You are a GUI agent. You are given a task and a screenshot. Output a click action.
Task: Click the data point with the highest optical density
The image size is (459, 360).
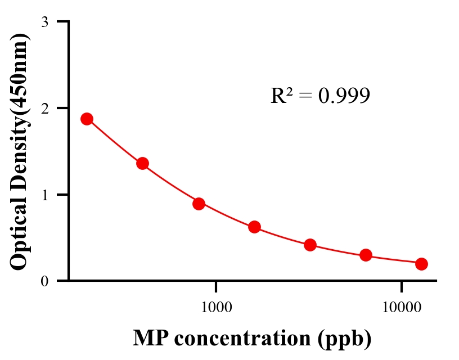click(x=87, y=119)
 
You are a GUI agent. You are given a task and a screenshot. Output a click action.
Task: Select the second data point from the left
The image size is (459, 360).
click(x=142, y=164)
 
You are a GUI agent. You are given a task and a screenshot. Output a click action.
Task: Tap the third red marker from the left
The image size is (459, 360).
click(x=199, y=204)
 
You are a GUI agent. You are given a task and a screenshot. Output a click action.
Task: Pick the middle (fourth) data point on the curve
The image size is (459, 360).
click(x=254, y=227)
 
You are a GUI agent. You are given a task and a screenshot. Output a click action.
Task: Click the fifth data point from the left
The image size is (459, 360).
click(x=310, y=245)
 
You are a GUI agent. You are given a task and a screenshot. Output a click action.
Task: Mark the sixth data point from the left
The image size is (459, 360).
click(x=366, y=255)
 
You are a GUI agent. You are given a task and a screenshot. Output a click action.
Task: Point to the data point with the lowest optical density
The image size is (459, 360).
click(x=421, y=264)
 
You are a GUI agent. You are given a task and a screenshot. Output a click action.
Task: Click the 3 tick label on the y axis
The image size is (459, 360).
click(x=44, y=22)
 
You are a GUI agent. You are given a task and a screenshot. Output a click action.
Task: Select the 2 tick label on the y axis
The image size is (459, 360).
click(x=44, y=108)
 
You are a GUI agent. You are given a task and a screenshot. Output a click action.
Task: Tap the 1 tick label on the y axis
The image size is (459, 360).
click(x=44, y=195)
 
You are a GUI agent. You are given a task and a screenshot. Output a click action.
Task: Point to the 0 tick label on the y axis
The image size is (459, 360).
click(x=44, y=281)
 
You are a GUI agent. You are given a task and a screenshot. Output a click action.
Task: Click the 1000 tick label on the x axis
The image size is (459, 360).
click(x=217, y=307)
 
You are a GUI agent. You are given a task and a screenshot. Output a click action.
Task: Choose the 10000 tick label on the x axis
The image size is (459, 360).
click(x=401, y=307)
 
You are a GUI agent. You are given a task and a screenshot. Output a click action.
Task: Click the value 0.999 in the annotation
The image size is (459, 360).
click(x=344, y=96)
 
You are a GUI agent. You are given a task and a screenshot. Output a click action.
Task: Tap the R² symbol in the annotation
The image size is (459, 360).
click(x=281, y=96)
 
